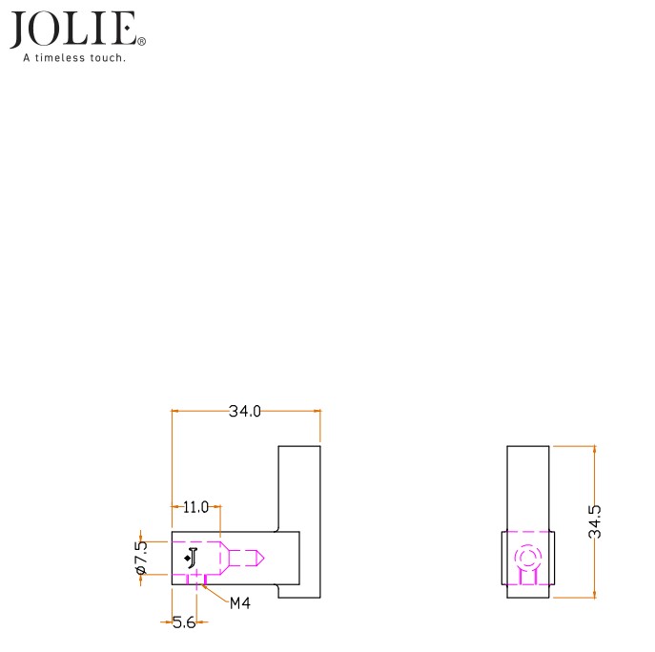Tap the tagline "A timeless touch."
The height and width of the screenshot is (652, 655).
pos(75,58)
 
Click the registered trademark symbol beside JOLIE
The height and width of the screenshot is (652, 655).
pos(142,42)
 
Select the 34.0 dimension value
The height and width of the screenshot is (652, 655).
pos(244,412)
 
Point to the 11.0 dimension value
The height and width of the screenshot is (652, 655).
pos(195,507)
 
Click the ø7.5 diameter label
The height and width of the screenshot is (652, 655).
pos(141,558)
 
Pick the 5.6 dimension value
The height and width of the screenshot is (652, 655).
pos(184,622)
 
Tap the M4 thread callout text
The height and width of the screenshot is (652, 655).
pos(239,602)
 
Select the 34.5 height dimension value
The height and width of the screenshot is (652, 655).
pos(595,521)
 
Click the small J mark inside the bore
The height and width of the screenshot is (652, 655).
pos(191,558)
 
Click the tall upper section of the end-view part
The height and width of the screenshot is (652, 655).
pos(527,486)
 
